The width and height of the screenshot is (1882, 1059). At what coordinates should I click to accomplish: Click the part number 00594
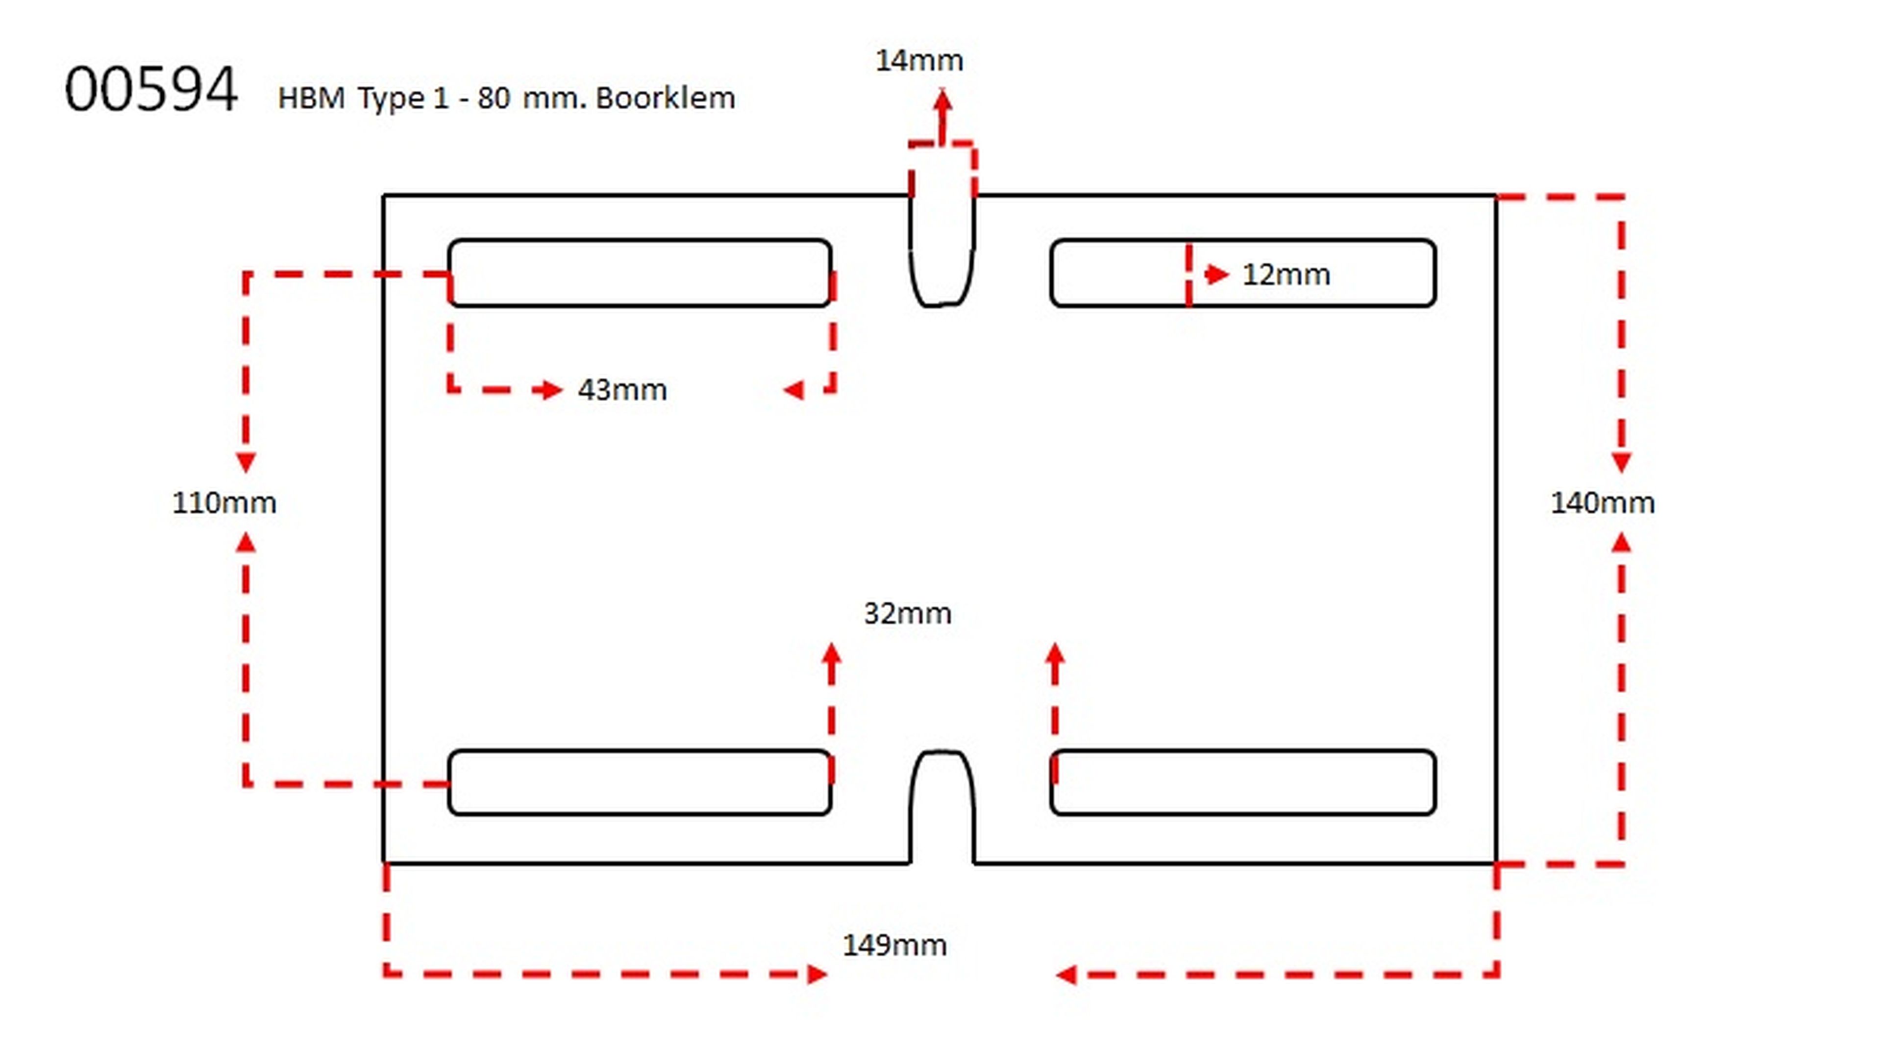pyautogui.click(x=151, y=89)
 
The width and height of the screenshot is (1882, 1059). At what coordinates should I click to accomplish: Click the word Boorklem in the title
pyautogui.click(x=665, y=98)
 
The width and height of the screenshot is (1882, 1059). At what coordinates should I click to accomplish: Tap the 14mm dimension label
pyautogui.click(x=919, y=61)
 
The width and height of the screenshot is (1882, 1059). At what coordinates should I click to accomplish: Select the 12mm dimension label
pyautogui.click(x=1286, y=275)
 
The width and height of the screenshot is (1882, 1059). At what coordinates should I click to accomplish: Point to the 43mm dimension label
pyautogui.click(x=622, y=390)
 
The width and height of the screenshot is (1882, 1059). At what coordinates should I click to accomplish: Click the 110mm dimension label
pyautogui.click(x=223, y=503)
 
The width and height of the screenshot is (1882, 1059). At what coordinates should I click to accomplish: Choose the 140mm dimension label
pyautogui.click(x=1602, y=503)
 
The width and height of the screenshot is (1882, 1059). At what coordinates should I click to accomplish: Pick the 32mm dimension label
pyautogui.click(x=907, y=613)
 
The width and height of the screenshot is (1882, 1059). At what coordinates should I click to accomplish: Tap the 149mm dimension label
pyautogui.click(x=894, y=945)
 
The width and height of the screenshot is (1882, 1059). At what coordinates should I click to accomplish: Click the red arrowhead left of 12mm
pyautogui.click(x=1217, y=275)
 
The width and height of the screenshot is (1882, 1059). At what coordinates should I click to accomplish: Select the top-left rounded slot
pyautogui.click(x=639, y=273)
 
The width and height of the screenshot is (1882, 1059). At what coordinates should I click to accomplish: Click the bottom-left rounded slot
pyautogui.click(x=639, y=782)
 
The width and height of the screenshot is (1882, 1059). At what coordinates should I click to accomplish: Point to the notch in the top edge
pyautogui.click(x=941, y=249)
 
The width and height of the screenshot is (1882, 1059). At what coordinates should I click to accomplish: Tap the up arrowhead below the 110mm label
pyautogui.click(x=246, y=542)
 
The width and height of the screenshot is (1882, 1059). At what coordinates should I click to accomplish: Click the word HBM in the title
pyautogui.click(x=311, y=98)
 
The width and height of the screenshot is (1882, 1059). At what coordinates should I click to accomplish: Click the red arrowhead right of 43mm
pyautogui.click(x=794, y=390)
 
